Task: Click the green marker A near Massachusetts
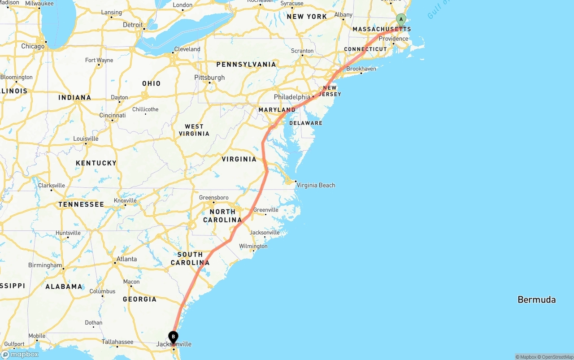[x=401, y=20]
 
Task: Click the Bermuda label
[x=536, y=299]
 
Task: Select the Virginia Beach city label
[x=316, y=185]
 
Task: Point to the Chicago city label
[x=33, y=46]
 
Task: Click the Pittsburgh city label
[x=209, y=78]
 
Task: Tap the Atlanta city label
[x=126, y=259]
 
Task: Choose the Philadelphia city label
[x=292, y=97]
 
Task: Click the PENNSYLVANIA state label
[x=246, y=64]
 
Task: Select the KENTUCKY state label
[x=96, y=163]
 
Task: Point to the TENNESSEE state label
[x=81, y=204]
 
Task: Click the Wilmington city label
[x=253, y=246]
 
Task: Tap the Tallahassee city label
[x=117, y=342]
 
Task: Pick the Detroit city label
[x=133, y=25]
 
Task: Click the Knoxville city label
[x=125, y=200]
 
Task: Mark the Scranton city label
[x=302, y=51]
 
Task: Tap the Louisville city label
[x=86, y=139]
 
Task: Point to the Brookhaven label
[x=361, y=69]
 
